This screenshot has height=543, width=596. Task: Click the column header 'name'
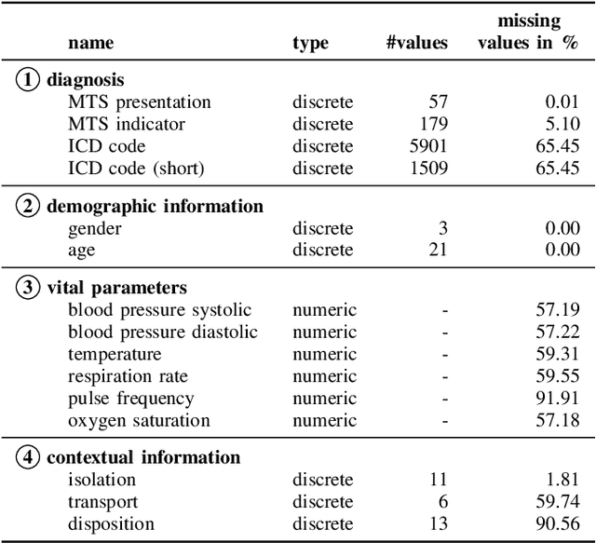(91, 43)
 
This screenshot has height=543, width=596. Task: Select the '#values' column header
(416, 43)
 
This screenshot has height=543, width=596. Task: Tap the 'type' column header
(310, 43)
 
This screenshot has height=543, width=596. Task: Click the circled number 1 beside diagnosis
(29, 80)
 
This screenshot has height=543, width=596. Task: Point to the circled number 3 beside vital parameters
(29, 287)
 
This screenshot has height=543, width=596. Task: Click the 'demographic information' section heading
(155, 206)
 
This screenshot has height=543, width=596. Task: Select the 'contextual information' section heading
(143, 457)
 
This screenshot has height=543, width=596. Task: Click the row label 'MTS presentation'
(140, 102)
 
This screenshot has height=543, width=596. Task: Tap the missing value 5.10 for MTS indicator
(561, 124)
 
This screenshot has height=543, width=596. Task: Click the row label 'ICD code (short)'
(136, 169)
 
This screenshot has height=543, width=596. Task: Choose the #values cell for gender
(441, 227)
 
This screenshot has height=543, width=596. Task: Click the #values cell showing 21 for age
(438, 250)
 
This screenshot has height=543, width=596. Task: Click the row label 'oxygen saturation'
(139, 421)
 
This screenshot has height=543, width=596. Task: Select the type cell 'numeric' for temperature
(323, 354)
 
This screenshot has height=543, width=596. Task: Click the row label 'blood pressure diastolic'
(162, 332)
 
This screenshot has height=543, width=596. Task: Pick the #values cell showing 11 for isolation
(438, 480)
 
